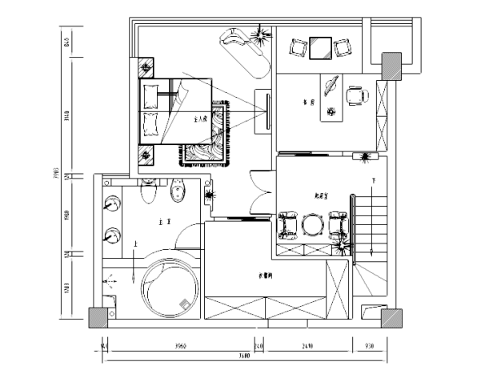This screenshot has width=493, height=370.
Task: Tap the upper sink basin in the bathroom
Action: pyautogui.click(x=113, y=203)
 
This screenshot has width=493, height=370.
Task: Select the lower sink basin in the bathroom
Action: pyautogui.click(x=113, y=235)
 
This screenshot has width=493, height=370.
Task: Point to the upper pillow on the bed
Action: pyautogui.click(x=150, y=96)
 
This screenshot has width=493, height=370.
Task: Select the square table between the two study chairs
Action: pyautogui.click(x=322, y=48)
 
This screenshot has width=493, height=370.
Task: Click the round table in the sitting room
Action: pyautogui.click(x=313, y=226)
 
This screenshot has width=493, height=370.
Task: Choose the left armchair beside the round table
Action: pyautogui.click(x=288, y=226)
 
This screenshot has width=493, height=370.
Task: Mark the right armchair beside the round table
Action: pyautogui.click(x=337, y=225)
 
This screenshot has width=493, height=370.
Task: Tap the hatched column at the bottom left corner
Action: pyautogui.click(x=98, y=318)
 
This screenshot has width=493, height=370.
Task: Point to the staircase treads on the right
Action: pyautogui.click(x=377, y=219)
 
